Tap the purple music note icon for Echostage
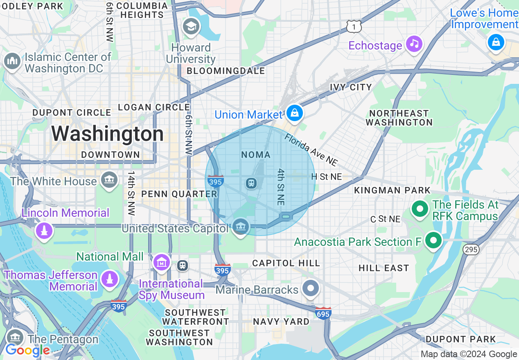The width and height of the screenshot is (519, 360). (414, 44)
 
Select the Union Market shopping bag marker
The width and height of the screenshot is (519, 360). (294, 113)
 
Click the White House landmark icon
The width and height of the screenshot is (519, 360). (109, 180)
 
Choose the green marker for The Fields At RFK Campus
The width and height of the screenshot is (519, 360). (420, 209)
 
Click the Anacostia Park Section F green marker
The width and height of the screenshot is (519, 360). (433, 241)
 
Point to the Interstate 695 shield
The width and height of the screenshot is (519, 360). (323, 313)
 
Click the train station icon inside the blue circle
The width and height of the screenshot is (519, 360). (251, 183)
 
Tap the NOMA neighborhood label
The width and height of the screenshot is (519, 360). (256, 155)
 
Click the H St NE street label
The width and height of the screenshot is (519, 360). (326, 177)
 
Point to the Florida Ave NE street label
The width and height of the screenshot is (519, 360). (311, 150)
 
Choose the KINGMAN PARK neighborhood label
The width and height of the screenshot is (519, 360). (392, 190)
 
